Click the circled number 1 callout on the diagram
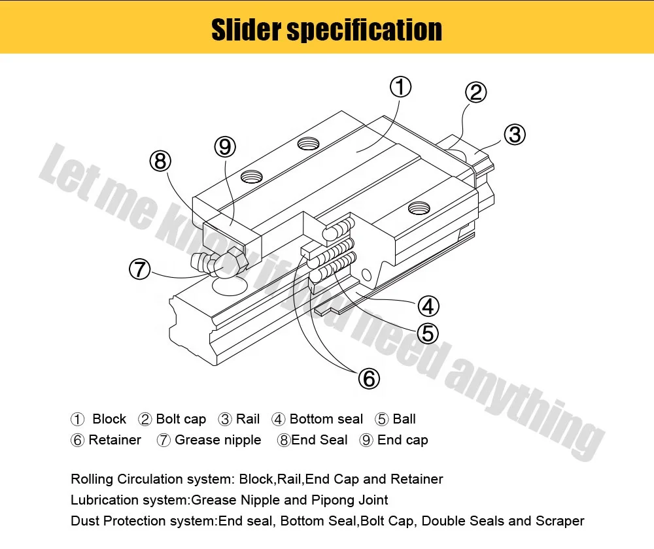400,87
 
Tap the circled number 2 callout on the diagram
475,92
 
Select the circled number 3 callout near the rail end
515,135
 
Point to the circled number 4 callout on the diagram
428,306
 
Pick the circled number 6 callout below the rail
369,378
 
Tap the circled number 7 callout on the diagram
139,269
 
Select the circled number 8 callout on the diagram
160,161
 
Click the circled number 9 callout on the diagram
225,147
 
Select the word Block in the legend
109,419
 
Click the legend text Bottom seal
326,419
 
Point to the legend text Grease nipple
218,440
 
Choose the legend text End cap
402,440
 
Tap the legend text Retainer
114,440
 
